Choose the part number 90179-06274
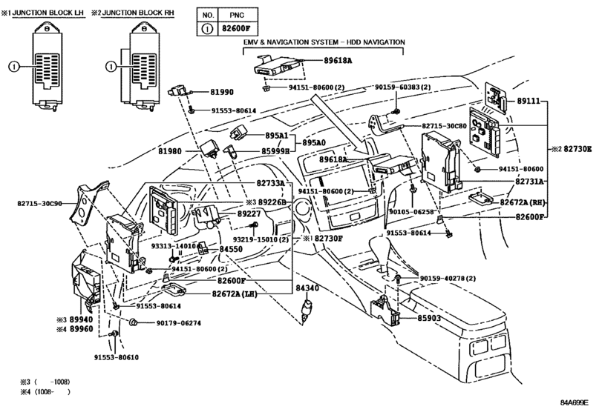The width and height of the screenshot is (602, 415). point(178,323)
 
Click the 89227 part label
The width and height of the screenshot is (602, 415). point(249,213)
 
